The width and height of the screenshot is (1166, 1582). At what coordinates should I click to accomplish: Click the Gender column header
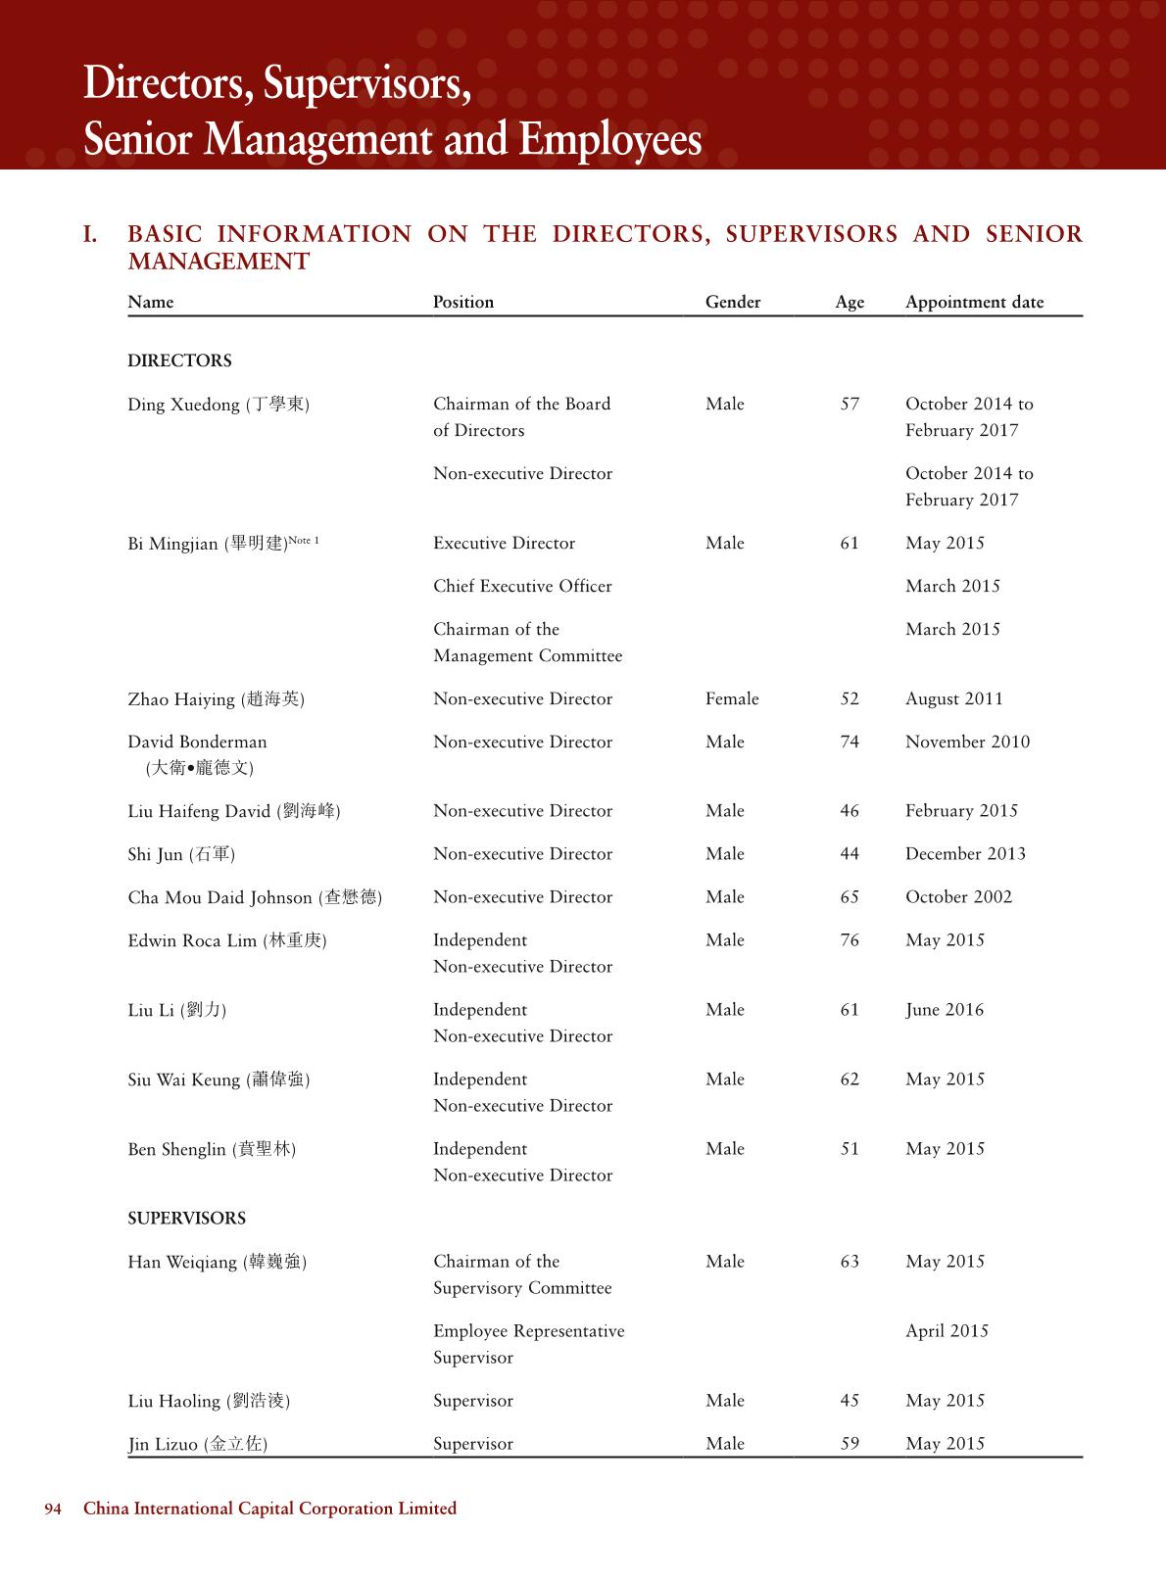coord(732,302)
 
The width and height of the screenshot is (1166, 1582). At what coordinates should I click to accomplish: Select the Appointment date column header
coord(974,302)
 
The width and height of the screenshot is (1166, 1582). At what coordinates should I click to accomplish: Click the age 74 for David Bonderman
coord(850,742)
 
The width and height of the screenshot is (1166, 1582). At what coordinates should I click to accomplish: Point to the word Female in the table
coord(732,698)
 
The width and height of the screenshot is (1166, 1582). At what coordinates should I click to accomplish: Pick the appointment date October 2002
coord(958,896)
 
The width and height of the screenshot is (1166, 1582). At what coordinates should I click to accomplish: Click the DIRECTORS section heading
coord(179,360)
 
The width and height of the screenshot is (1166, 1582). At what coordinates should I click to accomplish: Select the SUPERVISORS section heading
coord(186,1218)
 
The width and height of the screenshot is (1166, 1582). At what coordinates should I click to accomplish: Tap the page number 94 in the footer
coord(53,1509)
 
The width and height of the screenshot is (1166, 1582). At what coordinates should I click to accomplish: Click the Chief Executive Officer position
coord(522,586)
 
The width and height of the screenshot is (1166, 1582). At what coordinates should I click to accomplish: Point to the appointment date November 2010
coord(967,742)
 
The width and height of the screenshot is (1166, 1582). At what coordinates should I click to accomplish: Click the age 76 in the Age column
coord(850,939)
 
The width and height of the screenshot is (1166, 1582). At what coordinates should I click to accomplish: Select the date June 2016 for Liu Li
coord(944,1009)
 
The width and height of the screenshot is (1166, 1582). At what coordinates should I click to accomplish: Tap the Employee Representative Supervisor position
coord(528,1344)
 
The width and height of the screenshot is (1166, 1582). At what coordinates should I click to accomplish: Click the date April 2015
coord(947,1330)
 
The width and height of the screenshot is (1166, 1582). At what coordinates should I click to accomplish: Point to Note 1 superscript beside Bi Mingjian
coord(304,540)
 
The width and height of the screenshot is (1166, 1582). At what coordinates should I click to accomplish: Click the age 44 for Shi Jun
coord(850,853)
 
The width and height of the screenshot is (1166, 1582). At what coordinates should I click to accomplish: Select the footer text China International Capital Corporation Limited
coord(269,1509)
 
